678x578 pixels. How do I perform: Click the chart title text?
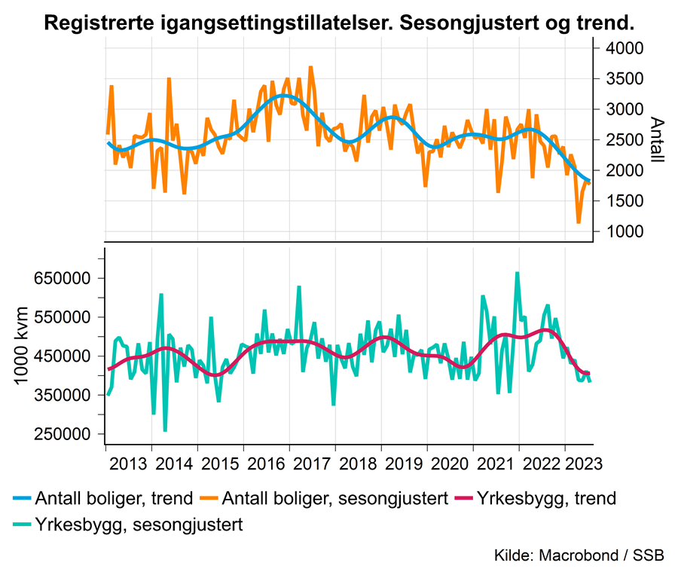point(339,23)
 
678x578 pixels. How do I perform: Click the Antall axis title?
point(656,140)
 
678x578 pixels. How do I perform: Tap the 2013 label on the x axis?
point(129,460)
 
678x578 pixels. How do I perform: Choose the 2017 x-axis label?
point(313,460)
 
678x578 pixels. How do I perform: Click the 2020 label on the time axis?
point(450,460)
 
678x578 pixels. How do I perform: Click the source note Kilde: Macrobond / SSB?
point(579,556)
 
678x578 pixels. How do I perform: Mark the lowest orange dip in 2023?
point(579,222)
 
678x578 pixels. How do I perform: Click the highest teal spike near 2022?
point(517,273)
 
